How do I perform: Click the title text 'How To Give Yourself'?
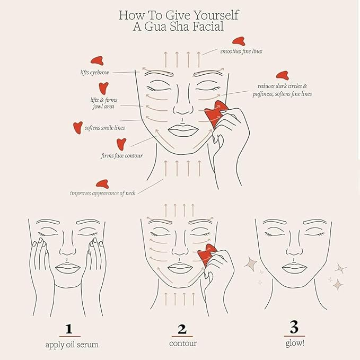[180, 14]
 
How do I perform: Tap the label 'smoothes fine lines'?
[241, 51]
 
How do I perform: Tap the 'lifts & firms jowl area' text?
[103, 102]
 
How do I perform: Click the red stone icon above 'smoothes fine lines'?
[238, 41]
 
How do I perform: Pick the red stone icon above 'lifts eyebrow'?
[97, 61]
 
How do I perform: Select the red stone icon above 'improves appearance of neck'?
[101, 183]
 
